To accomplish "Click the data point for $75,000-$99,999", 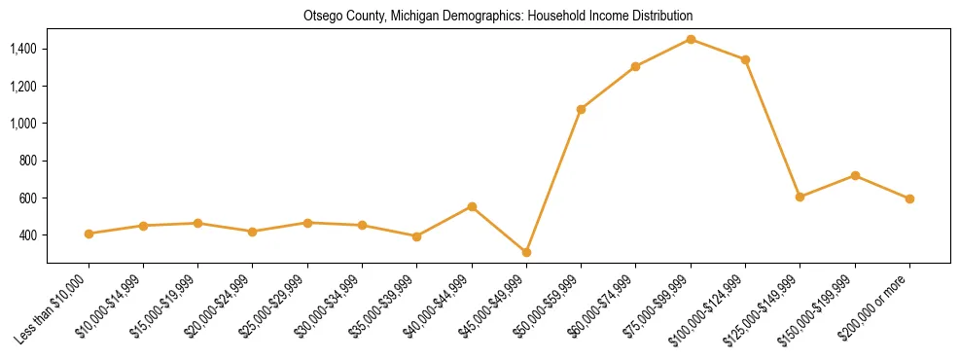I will click(691, 39).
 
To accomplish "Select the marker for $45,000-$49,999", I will click(526, 252).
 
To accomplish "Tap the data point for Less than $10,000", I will click(89, 234).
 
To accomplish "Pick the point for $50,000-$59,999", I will click(581, 109).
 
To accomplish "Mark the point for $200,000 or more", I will click(909, 198).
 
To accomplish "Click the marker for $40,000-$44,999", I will click(472, 206).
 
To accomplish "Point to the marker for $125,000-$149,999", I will click(800, 197).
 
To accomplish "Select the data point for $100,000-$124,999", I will click(745, 59).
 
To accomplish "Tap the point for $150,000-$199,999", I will click(855, 175).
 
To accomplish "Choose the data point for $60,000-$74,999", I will click(635, 66).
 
